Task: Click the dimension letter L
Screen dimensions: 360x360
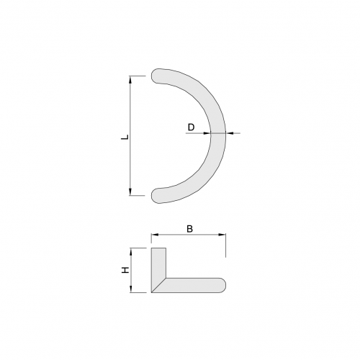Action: [125, 138]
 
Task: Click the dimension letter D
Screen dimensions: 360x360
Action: [191, 127]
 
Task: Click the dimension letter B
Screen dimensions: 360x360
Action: [189, 229]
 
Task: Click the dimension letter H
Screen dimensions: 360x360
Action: [125, 271]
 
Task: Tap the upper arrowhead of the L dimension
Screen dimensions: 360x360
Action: [130, 80]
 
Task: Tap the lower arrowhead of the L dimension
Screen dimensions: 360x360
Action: [130, 192]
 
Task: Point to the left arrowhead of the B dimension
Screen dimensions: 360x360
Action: [155, 235]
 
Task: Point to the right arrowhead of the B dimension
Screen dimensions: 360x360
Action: [222, 235]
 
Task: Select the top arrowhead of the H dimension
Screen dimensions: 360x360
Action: [131, 252]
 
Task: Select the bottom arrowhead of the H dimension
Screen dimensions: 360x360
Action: [131, 289]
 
